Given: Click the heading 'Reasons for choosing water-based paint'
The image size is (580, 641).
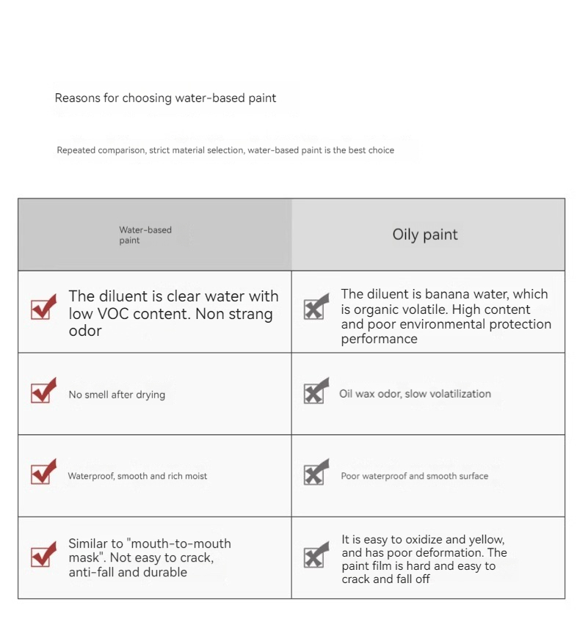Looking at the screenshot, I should (165, 98).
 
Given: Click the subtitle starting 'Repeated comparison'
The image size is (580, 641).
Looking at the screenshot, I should (225, 150).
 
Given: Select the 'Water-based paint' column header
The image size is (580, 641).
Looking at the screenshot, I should (145, 235).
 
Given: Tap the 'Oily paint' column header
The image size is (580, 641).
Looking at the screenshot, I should (425, 235).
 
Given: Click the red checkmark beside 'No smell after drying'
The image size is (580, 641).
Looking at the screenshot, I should (43, 392).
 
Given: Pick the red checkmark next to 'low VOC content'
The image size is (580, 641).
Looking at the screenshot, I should (43, 307).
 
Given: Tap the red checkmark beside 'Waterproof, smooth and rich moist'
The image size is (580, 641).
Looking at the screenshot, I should (43, 473).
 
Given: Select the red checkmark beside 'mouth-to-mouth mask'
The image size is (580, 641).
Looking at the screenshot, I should (43, 555).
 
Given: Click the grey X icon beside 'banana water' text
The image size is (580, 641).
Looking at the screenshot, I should (316, 308).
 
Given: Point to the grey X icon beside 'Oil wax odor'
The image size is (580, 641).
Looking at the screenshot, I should (316, 392).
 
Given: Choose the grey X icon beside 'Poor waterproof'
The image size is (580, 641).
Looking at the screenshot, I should (316, 474).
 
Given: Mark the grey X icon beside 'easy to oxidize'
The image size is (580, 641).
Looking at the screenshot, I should (316, 556).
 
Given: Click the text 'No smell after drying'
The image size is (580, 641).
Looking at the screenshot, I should (117, 395).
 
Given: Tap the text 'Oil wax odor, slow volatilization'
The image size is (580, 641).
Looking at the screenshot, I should (415, 394).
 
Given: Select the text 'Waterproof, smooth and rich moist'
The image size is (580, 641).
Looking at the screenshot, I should (137, 476).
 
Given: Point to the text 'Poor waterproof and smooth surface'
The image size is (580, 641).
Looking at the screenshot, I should (414, 476).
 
